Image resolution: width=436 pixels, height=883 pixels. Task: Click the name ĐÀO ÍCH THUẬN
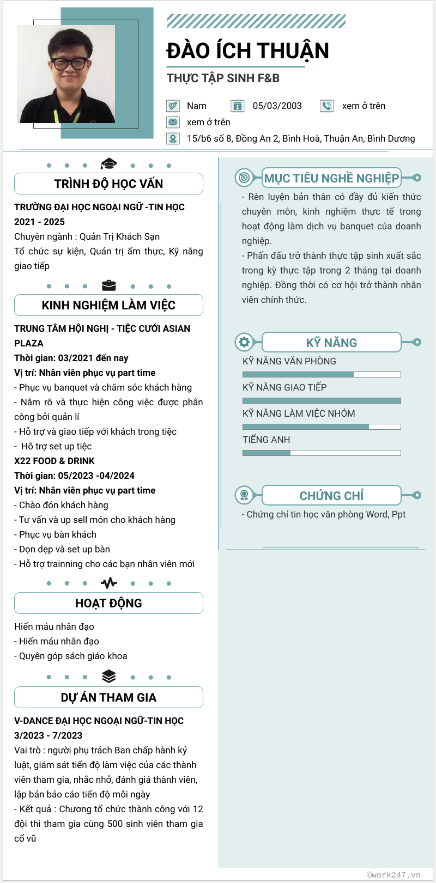coord(248,51)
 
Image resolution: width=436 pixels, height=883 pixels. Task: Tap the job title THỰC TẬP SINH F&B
coord(223,78)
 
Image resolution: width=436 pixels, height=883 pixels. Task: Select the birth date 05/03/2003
coord(277,106)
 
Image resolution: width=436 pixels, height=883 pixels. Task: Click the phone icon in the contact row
coord(326,106)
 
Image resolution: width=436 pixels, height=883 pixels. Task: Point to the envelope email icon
coord(173,122)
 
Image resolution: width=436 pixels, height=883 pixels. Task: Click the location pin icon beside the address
coord(173,138)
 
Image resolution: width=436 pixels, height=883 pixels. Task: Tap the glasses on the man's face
coord(71,63)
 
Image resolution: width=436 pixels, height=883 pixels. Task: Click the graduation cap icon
coord(109,163)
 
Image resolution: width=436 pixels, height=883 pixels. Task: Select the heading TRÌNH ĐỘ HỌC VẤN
coord(108,184)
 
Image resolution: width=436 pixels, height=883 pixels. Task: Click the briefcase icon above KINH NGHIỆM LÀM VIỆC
coord(109,285)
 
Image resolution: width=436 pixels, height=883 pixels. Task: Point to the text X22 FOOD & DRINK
coord(55,461)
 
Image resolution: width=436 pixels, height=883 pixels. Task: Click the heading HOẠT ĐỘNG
coord(108,603)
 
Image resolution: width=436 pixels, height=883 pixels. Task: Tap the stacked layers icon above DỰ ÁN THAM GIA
coord(109,676)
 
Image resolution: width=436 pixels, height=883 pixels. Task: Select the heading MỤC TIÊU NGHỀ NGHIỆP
coord(331,178)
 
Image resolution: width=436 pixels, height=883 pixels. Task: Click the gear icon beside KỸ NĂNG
coord(244,342)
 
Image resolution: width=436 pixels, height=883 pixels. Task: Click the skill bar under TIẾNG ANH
coord(322,453)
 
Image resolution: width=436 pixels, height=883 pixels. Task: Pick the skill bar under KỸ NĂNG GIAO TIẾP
coord(322,400)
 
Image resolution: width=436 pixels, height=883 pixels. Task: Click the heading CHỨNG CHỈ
coord(331,496)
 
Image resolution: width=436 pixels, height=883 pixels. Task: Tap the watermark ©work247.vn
coord(393,875)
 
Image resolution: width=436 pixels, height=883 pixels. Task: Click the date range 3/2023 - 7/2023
coord(48,735)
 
